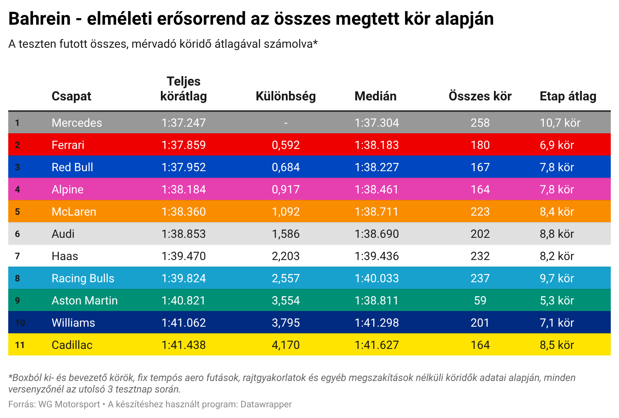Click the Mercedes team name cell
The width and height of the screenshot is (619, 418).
(x=77, y=123)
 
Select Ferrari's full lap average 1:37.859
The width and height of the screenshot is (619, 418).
(x=184, y=145)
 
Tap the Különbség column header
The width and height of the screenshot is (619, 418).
(x=286, y=96)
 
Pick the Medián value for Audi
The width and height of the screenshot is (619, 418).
(x=377, y=234)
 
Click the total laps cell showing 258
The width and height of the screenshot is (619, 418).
(x=480, y=123)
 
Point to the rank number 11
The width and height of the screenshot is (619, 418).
(x=20, y=345)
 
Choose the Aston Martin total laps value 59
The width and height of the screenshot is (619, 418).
(x=480, y=300)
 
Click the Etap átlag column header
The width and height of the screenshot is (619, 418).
(x=568, y=96)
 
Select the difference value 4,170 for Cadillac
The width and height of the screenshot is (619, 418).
(x=286, y=345)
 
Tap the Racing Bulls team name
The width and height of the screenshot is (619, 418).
(x=83, y=278)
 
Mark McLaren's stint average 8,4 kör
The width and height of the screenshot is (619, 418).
(x=556, y=211)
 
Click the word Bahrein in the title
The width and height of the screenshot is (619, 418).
(x=40, y=19)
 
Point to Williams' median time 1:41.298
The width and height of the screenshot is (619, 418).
(x=377, y=323)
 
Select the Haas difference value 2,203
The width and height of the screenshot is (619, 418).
(x=286, y=256)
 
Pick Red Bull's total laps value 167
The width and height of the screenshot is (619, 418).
(x=480, y=167)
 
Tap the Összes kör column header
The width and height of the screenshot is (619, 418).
(x=480, y=96)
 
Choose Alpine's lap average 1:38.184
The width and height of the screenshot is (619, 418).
(x=184, y=189)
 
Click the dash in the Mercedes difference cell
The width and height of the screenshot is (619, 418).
(x=286, y=123)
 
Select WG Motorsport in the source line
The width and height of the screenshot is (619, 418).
(x=69, y=404)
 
